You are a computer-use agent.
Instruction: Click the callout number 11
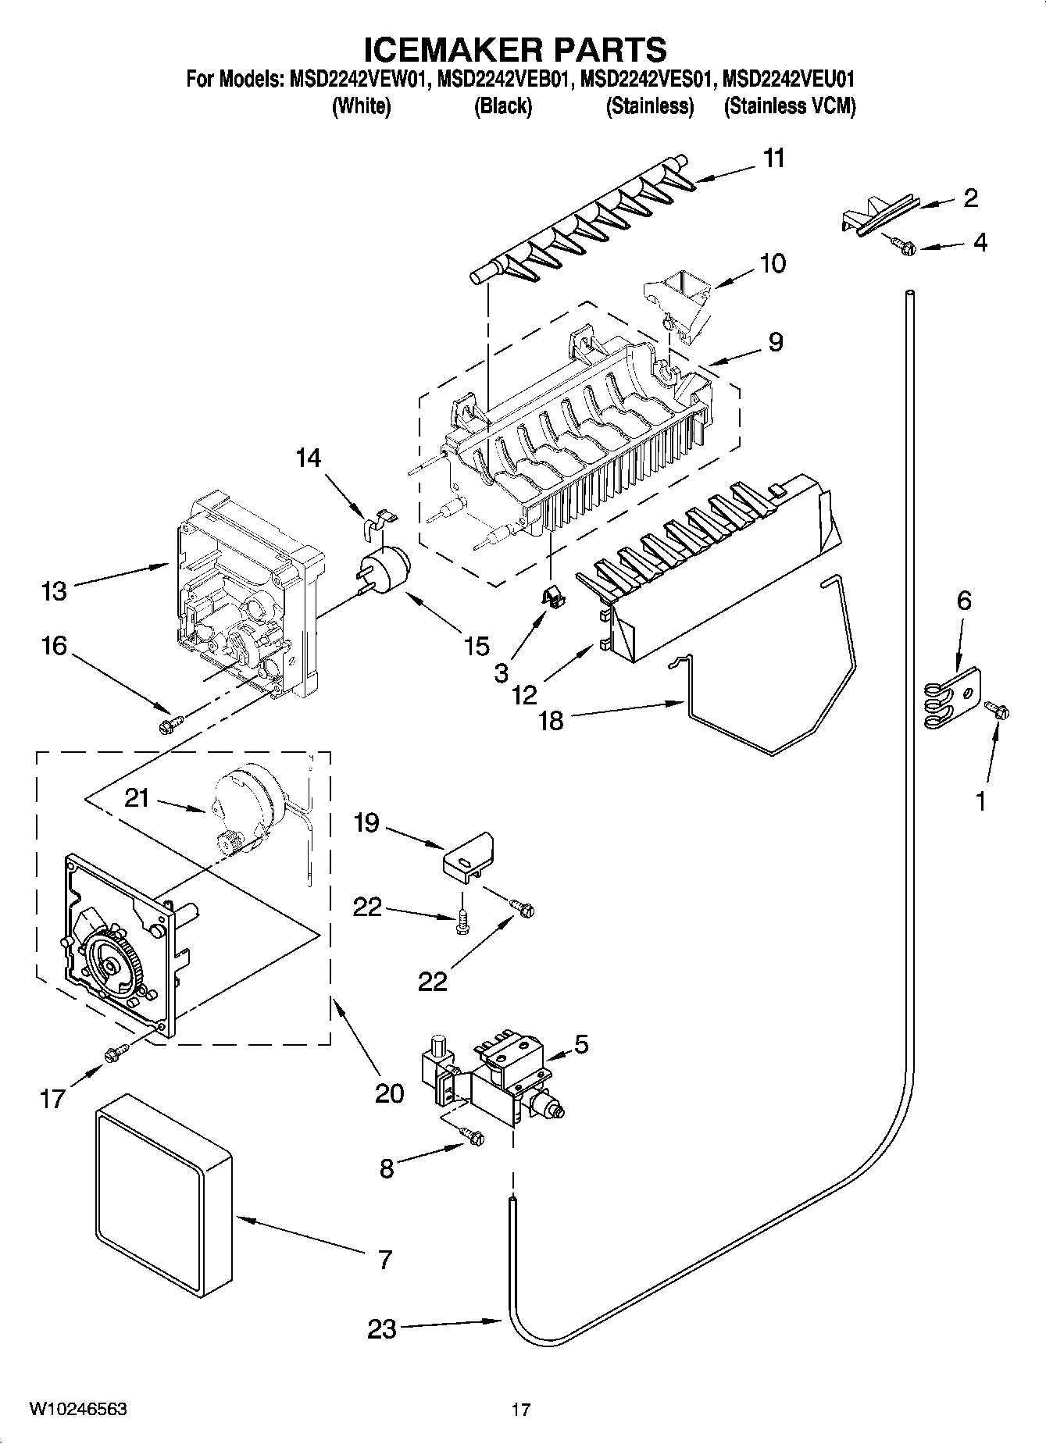click(x=773, y=159)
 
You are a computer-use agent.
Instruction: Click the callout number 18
click(x=551, y=721)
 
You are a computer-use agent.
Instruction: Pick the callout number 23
click(x=382, y=1329)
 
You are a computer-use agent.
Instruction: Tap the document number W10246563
click(x=78, y=1409)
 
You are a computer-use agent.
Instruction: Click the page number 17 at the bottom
click(x=521, y=1410)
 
